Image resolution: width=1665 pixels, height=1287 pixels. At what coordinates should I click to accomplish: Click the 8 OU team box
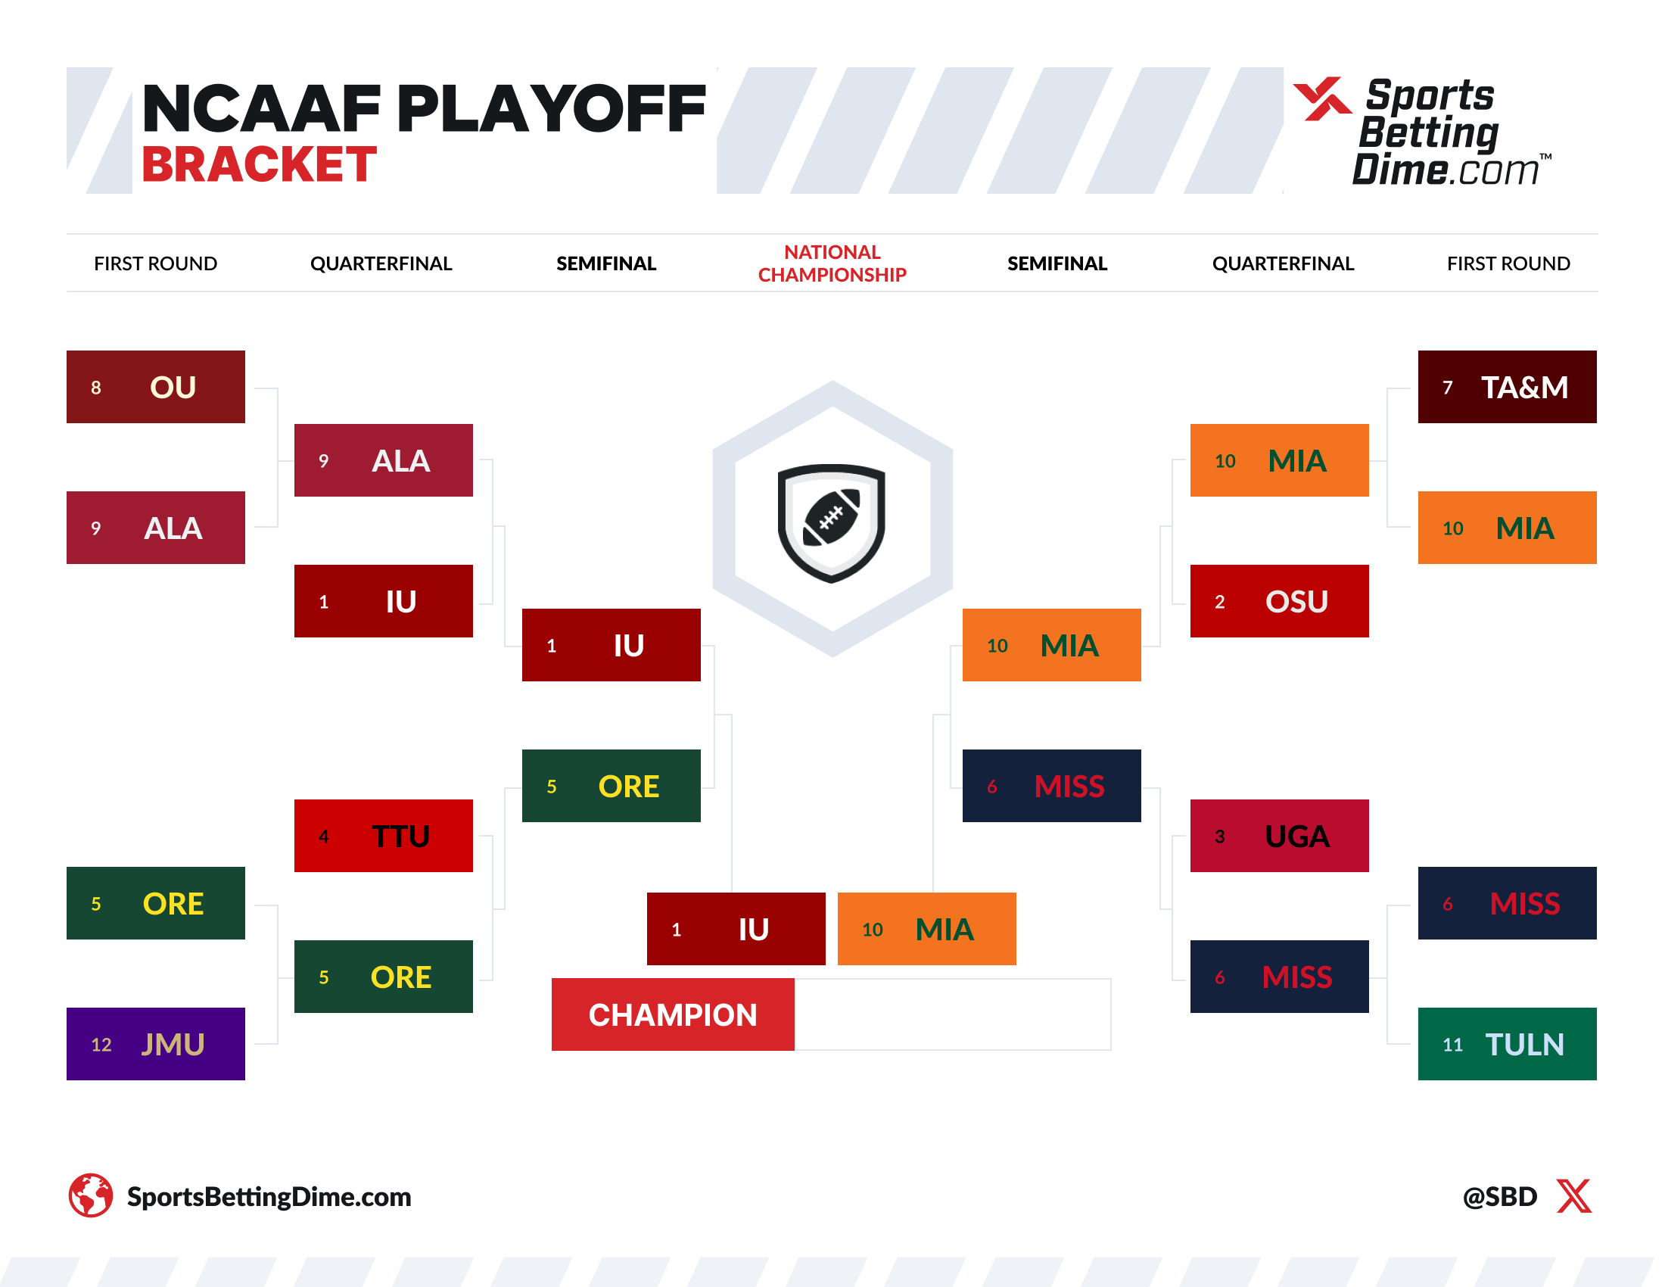click(155, 387)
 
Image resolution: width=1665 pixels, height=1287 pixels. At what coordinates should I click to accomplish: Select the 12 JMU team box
click(155, 1044)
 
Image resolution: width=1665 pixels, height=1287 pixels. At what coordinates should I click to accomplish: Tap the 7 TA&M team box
click(1507, 387)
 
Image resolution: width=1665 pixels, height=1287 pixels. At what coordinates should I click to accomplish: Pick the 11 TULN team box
click(1507, 1044)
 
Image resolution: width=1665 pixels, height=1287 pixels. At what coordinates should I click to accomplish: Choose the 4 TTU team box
click(384, 836)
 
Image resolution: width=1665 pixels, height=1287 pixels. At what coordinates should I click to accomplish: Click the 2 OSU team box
click(1279, 601)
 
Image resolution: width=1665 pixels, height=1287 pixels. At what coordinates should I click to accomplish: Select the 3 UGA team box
click(1279, 836)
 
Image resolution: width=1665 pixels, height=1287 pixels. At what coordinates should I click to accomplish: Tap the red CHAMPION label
click(673, 1014)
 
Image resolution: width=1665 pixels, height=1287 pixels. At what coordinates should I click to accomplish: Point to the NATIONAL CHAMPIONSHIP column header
click(832, 263)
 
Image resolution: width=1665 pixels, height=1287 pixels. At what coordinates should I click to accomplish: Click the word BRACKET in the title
click(259, 164)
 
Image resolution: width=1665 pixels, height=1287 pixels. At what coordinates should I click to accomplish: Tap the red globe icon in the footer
click(91, 1195)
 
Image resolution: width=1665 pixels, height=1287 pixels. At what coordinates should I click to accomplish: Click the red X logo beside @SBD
click(1574, 1195)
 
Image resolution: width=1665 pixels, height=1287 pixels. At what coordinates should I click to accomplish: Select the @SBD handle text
click(1499, 1196)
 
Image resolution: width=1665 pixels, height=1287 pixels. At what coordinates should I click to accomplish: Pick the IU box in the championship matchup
click(736, 929)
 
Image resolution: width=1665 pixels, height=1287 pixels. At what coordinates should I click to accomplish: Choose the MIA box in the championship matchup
click(927, 929)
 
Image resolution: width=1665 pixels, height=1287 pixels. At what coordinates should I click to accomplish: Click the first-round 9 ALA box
click(155, 528)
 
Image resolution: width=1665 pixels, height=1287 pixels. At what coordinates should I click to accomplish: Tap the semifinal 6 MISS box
click(1052, 785)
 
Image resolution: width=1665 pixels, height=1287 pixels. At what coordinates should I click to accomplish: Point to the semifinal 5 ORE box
click(612, 785)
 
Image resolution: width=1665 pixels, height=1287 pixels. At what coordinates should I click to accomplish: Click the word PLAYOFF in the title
click(551, 108)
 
